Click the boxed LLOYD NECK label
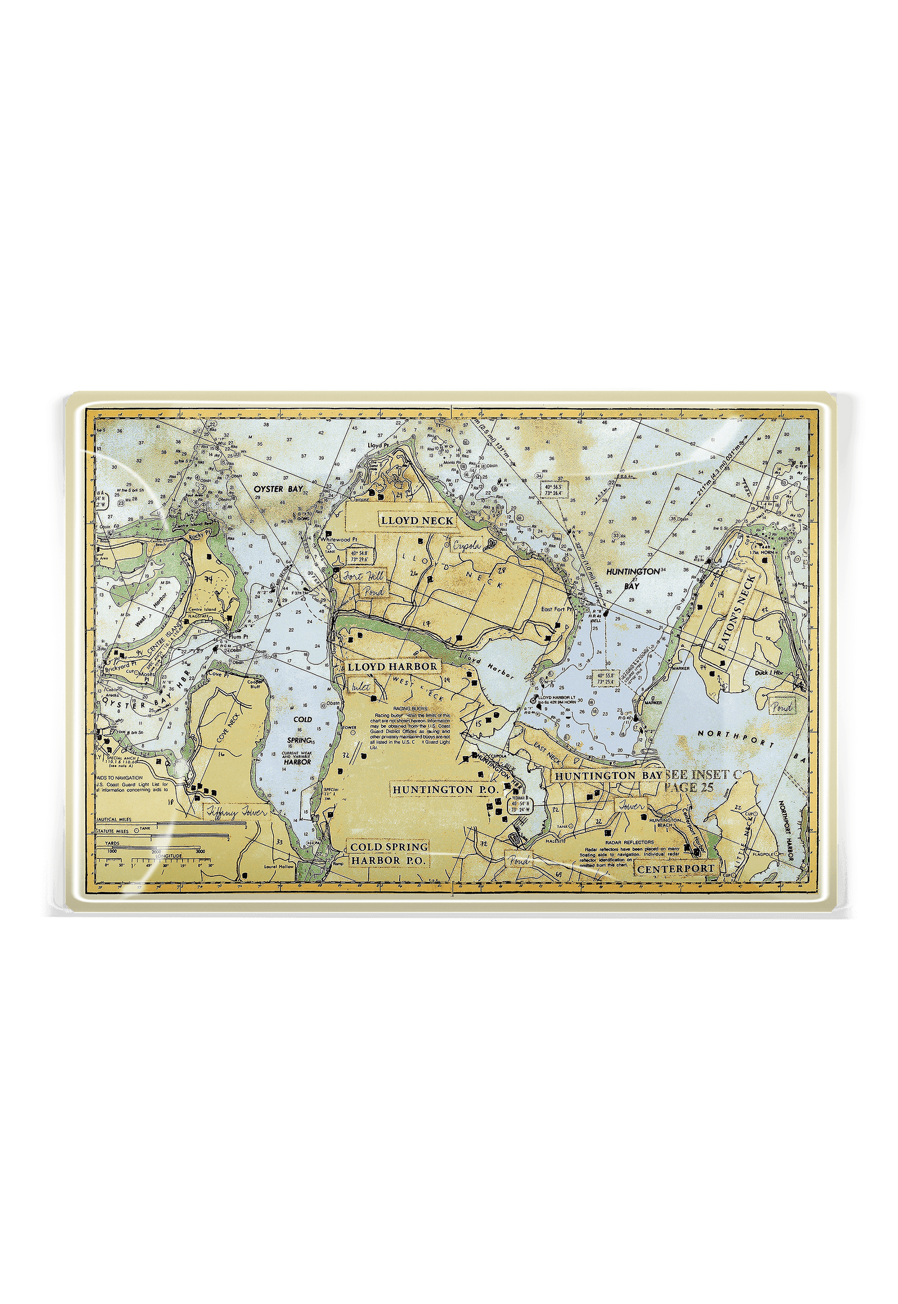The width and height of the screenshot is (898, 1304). coord(417,520)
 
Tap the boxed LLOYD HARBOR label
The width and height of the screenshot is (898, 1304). coord(392,666)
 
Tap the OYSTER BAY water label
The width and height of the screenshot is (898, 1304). coord(277,489)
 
